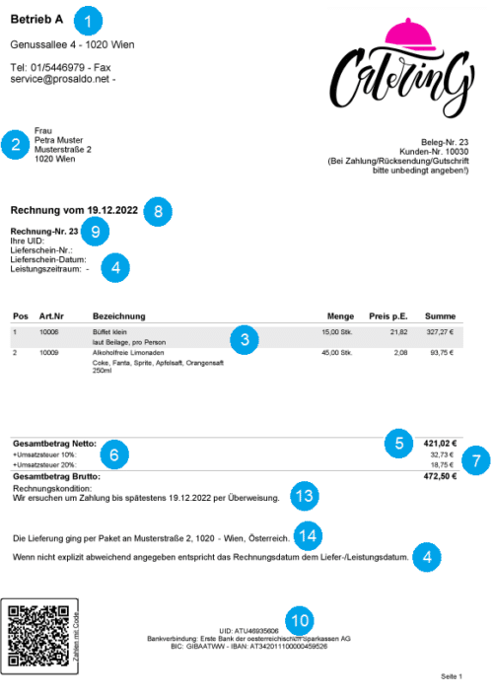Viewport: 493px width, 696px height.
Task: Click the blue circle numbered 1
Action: [88, 19]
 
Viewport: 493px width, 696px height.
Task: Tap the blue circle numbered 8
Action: [158, 210]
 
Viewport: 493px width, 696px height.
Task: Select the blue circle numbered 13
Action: [307, 492]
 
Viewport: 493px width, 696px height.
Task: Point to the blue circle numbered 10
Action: [299, 620]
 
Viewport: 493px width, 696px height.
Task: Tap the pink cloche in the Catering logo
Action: [406, 35]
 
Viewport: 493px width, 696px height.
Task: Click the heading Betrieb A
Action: [36, 20]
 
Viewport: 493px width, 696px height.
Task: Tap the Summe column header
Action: [440, 316]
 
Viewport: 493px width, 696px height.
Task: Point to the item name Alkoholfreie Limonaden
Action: [129, 352]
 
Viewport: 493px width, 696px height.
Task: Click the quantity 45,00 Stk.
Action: [336, 352]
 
